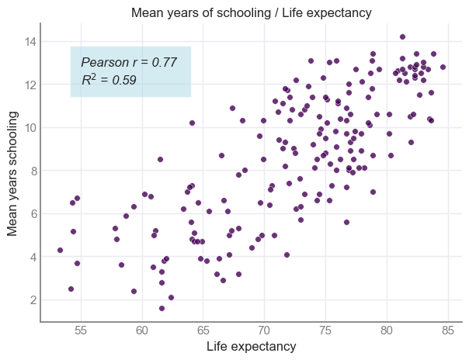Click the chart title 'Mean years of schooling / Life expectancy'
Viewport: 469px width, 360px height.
pyautogui.click(x=251, y=13)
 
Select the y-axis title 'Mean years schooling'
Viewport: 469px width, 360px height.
pyautogui.click(x=12, y=172)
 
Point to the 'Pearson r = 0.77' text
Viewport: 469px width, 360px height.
pyautogui.click(x=129, y=62)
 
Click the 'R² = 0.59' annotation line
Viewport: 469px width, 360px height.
pyautogui.click(x=109, y=79)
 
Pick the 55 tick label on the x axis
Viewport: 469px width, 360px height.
pyautogui.click(x=82, y=330)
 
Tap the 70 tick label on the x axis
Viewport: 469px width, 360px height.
pyautogui.click(x=264, y=330)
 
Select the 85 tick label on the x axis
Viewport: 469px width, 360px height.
pyautogui.click(x=447, y=330)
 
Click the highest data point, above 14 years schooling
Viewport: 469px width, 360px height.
pyautogui.click(x=402, y=36)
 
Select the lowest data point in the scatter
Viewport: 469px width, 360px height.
pyautogui.click(x=162, y=308)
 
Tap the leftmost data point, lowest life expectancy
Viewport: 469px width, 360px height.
pyautogui.click(x=60, y=250)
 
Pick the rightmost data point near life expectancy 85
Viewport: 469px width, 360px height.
pyautogui.click(x=443, y=67)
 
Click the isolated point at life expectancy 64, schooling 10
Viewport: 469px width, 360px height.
pyautogui.click(x=192, y=123)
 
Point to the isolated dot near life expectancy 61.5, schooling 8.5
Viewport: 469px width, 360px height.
pyautogui.click(x=160, y=159)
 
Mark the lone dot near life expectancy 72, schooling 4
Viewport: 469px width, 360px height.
pyautogui.click(x=287, y=254)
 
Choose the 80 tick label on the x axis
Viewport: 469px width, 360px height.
pyautogui.click(x=386, y=330)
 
